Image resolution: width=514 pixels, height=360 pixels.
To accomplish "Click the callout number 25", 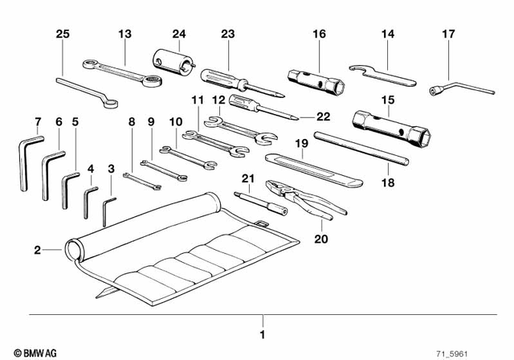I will (63, 34).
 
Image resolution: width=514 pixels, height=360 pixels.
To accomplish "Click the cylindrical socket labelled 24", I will (171, 59).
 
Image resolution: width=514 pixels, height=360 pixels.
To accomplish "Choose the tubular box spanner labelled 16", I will (317, 80).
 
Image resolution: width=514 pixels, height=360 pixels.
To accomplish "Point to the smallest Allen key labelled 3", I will (109, 211).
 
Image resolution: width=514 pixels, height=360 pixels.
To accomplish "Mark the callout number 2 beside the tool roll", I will (37, 251).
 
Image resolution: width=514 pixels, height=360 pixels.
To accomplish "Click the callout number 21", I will (247, 178).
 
